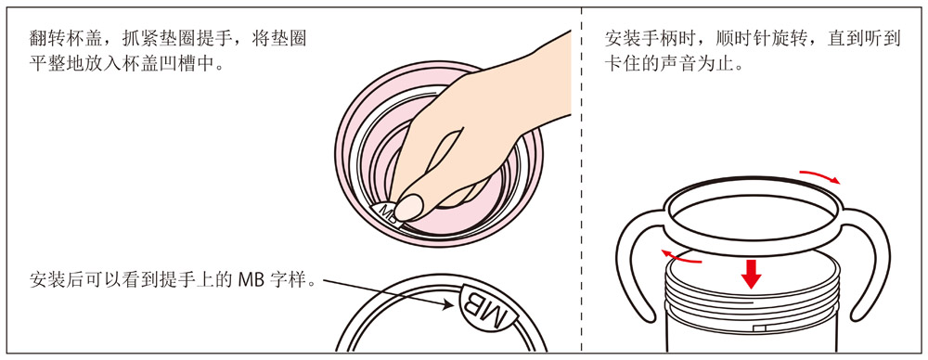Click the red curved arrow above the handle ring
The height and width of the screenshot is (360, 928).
tap(820, 175)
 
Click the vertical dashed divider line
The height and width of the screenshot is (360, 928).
tap(583, 180)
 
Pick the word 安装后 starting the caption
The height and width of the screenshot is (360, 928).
tap(51, 280)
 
